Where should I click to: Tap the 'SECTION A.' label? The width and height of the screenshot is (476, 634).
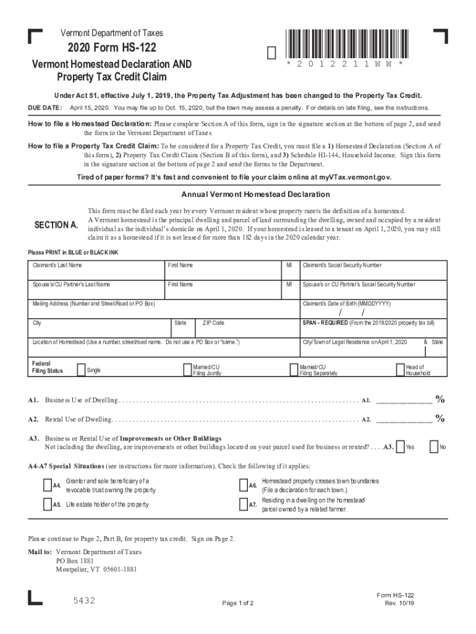pyautogui.click(x=56, y=225)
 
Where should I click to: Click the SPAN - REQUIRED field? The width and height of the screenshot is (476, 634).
pyautogui.click(x=373, y=328)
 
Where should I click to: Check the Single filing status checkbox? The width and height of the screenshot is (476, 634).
pyautogui.click(x=81, y=370)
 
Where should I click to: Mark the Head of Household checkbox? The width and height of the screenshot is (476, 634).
pyautogui.click(x=401, y=370)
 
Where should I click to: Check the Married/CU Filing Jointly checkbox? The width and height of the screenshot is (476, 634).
pyautogui.click(x=187, y=370)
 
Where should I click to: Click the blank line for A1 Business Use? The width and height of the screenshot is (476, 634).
pyautogui.click(x=404, y=399)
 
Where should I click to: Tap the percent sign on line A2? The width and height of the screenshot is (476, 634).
pyautogui.click(x=440, y=419)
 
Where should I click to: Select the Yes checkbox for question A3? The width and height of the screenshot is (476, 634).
pyautogui.click(x=401, y=446)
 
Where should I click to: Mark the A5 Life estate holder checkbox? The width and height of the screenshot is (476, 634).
pyautogui.click(x=48, y=505)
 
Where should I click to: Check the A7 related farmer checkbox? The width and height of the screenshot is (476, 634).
pyautogui.click(x=243, y=505)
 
